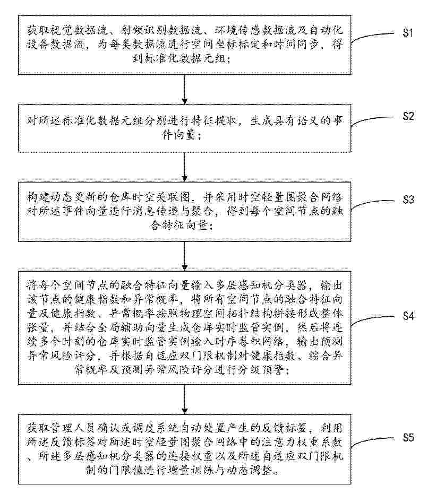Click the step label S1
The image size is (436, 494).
pos(408,32)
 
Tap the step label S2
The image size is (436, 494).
pos(408,116)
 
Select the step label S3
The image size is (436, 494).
pos(408,200)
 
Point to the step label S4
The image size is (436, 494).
pos(408,316)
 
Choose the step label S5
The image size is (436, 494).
pos(408,438)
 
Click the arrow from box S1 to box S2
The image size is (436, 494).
pos(185,90)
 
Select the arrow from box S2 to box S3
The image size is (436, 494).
pos(185,167)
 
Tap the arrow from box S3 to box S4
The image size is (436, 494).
pos(185,256)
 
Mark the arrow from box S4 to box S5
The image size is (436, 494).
pos(185,400)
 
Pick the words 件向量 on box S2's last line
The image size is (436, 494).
pos(179,135)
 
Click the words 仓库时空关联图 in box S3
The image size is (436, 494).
pos(144,197)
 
